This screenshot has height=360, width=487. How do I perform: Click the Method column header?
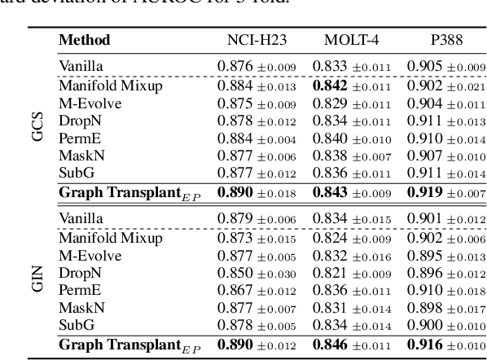(85, 40)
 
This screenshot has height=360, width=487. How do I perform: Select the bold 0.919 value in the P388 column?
(424, 193)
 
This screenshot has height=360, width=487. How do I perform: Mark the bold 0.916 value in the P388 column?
(424, 345)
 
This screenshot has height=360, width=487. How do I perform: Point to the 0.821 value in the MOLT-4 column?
(329, 272)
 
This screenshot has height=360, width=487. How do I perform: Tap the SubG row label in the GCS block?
(75, 173)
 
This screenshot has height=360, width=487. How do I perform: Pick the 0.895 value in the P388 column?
(424, 254)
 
